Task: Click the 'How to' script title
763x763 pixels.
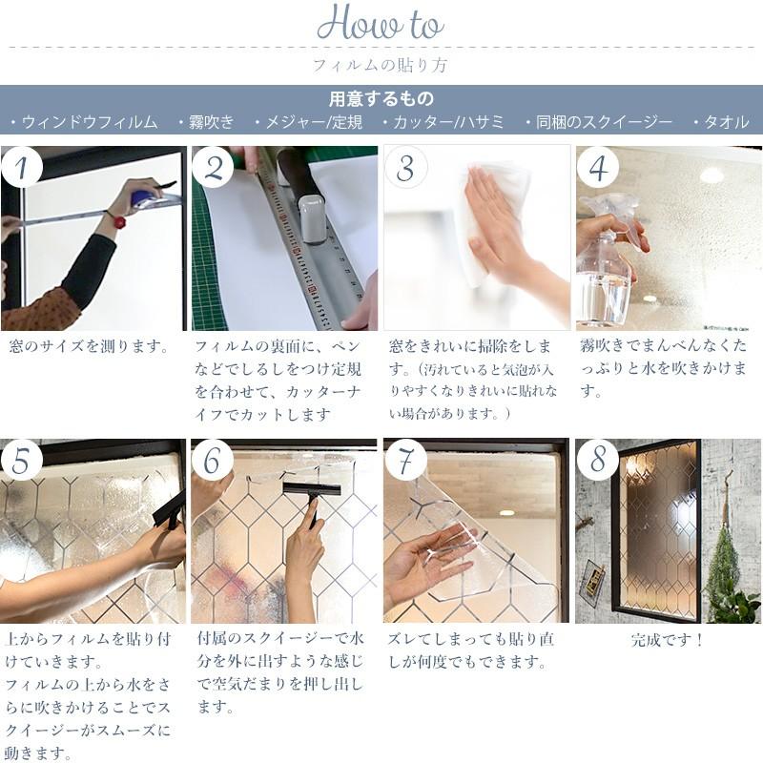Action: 380,23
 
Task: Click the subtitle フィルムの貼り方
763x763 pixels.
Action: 380,65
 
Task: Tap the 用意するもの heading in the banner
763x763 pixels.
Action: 381,99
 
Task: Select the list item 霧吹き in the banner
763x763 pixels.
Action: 207,122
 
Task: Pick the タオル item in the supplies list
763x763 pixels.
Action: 721,122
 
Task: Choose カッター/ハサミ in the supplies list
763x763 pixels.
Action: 443,122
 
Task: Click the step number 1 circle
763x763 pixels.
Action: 21,167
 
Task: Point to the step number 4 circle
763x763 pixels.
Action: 598,167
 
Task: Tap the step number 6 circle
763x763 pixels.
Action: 213,460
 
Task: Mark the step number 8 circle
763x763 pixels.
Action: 598,460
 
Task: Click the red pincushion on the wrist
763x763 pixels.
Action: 118,221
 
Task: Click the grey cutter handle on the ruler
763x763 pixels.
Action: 312,218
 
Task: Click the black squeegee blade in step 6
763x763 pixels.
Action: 312,488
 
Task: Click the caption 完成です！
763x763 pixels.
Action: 667,639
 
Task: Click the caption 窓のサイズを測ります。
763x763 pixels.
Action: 90,346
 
